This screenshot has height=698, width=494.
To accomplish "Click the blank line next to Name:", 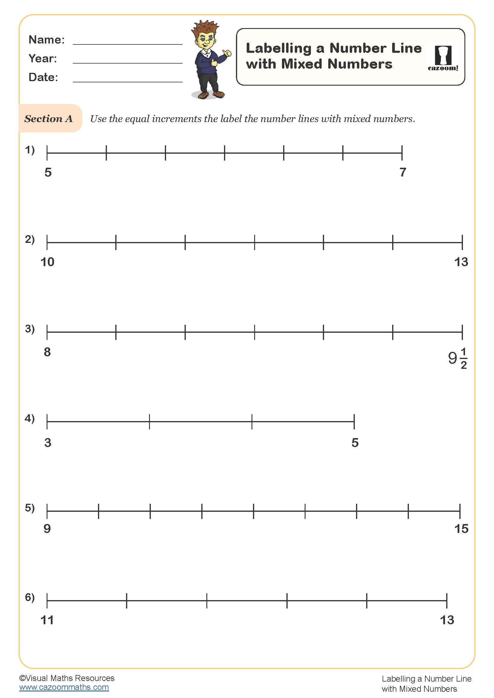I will click(x=128, y=43).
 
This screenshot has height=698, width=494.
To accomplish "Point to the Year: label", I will click(x=43, y=58).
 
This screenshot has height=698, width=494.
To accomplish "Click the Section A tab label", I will click(x=49, y=118).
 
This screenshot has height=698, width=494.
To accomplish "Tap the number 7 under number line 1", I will click(x=403, y=172).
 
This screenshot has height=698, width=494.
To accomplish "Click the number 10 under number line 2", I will click(x=47, y=262).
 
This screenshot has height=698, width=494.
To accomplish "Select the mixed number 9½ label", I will click(x=457, y=358).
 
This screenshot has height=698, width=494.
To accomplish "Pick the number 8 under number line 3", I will click(x=47, y=352).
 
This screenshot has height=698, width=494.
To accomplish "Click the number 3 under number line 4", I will click(x=48, y=443).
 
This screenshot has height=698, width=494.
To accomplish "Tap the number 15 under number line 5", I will click(x=461, y=529).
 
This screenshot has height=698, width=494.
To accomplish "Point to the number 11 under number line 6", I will click(x=47, y=620).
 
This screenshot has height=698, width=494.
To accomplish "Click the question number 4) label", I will click(x=30, y=418).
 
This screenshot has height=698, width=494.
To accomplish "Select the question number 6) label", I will click(x=30, y=597).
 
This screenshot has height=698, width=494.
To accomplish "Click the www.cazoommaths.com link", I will click(x=64, y=687).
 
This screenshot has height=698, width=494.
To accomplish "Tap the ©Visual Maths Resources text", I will click(x=67, y=678).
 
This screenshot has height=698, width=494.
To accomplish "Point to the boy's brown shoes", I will click(x=211, y=95).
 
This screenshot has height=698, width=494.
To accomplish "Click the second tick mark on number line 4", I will click(x=149, y=422).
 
